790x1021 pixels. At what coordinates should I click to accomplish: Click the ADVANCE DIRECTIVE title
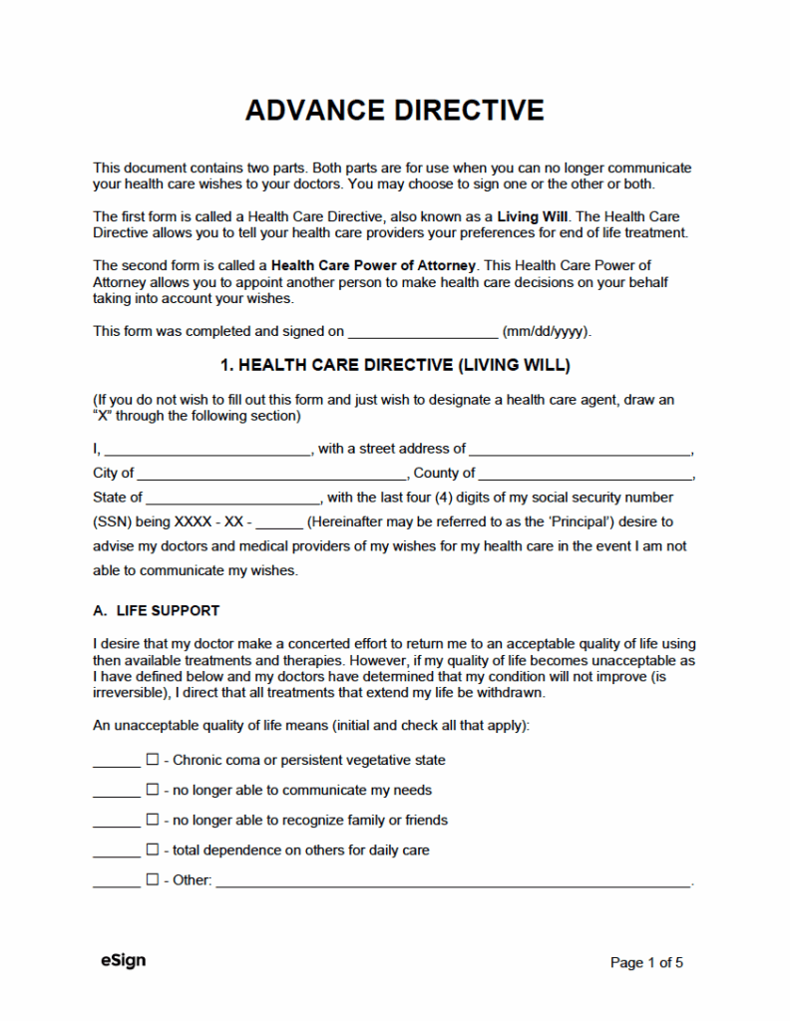tap(395, 110)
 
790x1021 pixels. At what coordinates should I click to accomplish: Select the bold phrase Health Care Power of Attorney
tap(375, 265)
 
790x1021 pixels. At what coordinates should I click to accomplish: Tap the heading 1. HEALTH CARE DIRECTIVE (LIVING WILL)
tap(395, 366)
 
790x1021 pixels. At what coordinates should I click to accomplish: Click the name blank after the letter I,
tap(207, 450)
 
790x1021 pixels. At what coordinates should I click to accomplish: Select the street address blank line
tap(580, 450)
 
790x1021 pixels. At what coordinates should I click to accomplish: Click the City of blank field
tap(270, 474)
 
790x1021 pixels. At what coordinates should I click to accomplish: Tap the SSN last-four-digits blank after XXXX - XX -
tap(285, 522)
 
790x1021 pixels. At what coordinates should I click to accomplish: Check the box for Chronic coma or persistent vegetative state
tap(153, 760)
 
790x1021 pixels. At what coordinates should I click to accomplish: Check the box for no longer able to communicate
tap(153, 790)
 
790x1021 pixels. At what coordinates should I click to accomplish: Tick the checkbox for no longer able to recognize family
tap(153, 820)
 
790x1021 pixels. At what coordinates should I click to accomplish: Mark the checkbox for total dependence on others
tap(153, 851)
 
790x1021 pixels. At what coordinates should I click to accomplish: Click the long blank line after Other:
tap(453, 881)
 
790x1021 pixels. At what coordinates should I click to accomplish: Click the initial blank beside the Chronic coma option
tap(116, 762)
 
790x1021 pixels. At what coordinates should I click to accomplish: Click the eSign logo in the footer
tap(123, 961)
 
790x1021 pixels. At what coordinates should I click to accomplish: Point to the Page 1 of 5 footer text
tap(646, 963)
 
